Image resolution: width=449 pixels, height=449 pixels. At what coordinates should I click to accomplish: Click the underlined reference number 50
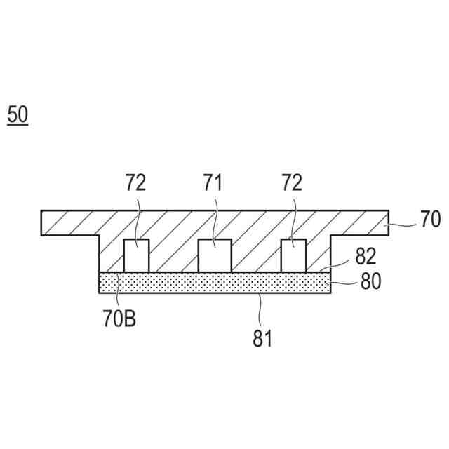pos(18,114)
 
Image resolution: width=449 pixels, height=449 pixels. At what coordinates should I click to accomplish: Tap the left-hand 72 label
pos(135,184)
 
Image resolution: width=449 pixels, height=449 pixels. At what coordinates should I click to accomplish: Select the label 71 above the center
pos(213,184)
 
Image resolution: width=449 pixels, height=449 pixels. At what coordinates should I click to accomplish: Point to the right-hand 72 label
pos(291,184)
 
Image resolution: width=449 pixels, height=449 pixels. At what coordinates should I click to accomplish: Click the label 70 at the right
pos(429,220)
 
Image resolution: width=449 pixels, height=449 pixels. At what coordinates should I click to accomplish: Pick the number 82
pos(365,257)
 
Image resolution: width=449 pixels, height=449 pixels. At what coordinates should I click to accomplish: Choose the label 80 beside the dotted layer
pos(370,281)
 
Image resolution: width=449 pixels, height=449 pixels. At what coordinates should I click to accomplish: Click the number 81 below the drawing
pos(262,339)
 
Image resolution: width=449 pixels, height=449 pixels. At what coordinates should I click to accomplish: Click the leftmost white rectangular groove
pos(137,255)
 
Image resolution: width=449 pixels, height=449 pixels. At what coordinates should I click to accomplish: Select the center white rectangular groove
pos(215,255)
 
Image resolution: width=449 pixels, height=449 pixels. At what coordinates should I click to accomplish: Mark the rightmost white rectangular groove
pos(293,255)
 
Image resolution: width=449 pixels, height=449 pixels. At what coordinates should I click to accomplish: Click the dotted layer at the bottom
pos(215,282)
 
